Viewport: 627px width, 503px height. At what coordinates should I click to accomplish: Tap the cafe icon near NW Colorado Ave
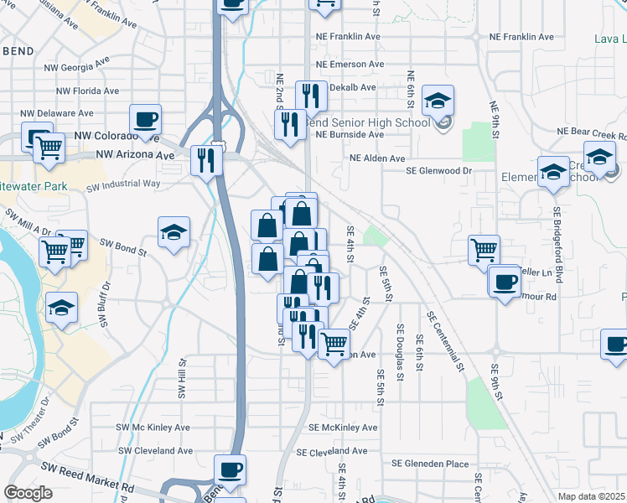pyautogui.click(x=145, y=121)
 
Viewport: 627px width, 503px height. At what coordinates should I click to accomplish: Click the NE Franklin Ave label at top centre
pyautogui.click(x=349, y=37)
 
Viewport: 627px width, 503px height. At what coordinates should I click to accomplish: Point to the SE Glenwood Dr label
pyautogui.click(x=439, y=170)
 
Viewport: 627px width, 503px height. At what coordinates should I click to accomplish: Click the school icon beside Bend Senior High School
pyautogui.click(x=437, y=101)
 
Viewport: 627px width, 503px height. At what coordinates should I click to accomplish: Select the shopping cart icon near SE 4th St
pyautogui.click(x=334, y=343)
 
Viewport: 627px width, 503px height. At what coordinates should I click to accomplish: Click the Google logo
pyautogui.click(x=28, y=493)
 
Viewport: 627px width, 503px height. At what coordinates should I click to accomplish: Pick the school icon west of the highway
pyautogui.click(x=174, y=232)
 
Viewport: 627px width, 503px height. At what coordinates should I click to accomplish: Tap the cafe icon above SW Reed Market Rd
pyautogui.click(x=229, y=469)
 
